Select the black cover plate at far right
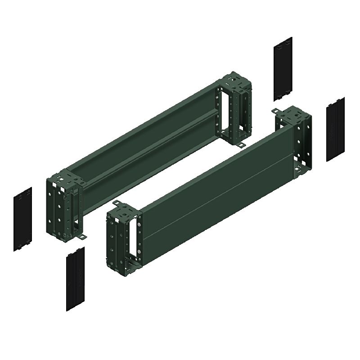335,129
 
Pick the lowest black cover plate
75,279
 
